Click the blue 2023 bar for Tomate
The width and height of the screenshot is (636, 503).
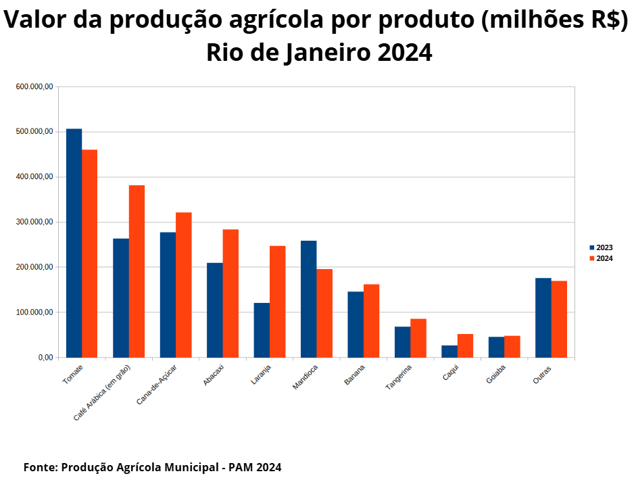coord(74,243)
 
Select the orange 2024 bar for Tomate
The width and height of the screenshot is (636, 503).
coord(89,254)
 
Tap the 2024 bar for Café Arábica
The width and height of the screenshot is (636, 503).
coord(137,271)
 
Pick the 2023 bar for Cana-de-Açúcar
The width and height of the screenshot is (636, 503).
coord(168,295)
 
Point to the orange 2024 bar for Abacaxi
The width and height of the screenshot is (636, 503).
coord(230,293)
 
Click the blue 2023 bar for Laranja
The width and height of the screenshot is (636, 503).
coord(262,330)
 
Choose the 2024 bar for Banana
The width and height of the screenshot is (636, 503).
coord(371,321)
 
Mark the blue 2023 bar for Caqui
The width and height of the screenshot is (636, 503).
coord(449,352)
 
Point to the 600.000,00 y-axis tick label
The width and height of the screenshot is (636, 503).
coord(34,87)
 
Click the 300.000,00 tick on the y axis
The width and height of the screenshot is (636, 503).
coord(34,222)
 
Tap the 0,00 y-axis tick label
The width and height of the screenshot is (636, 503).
coord(45,358)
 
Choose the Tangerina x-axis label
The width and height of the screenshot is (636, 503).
coord(399,377)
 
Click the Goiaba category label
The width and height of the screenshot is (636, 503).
coord(496,374)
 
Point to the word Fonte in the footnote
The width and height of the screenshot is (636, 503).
coord(39,467)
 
